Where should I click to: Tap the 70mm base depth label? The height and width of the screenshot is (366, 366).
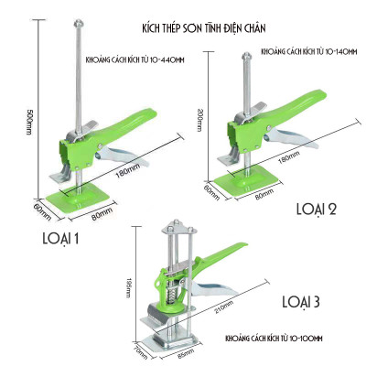[x=140, y=348]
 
